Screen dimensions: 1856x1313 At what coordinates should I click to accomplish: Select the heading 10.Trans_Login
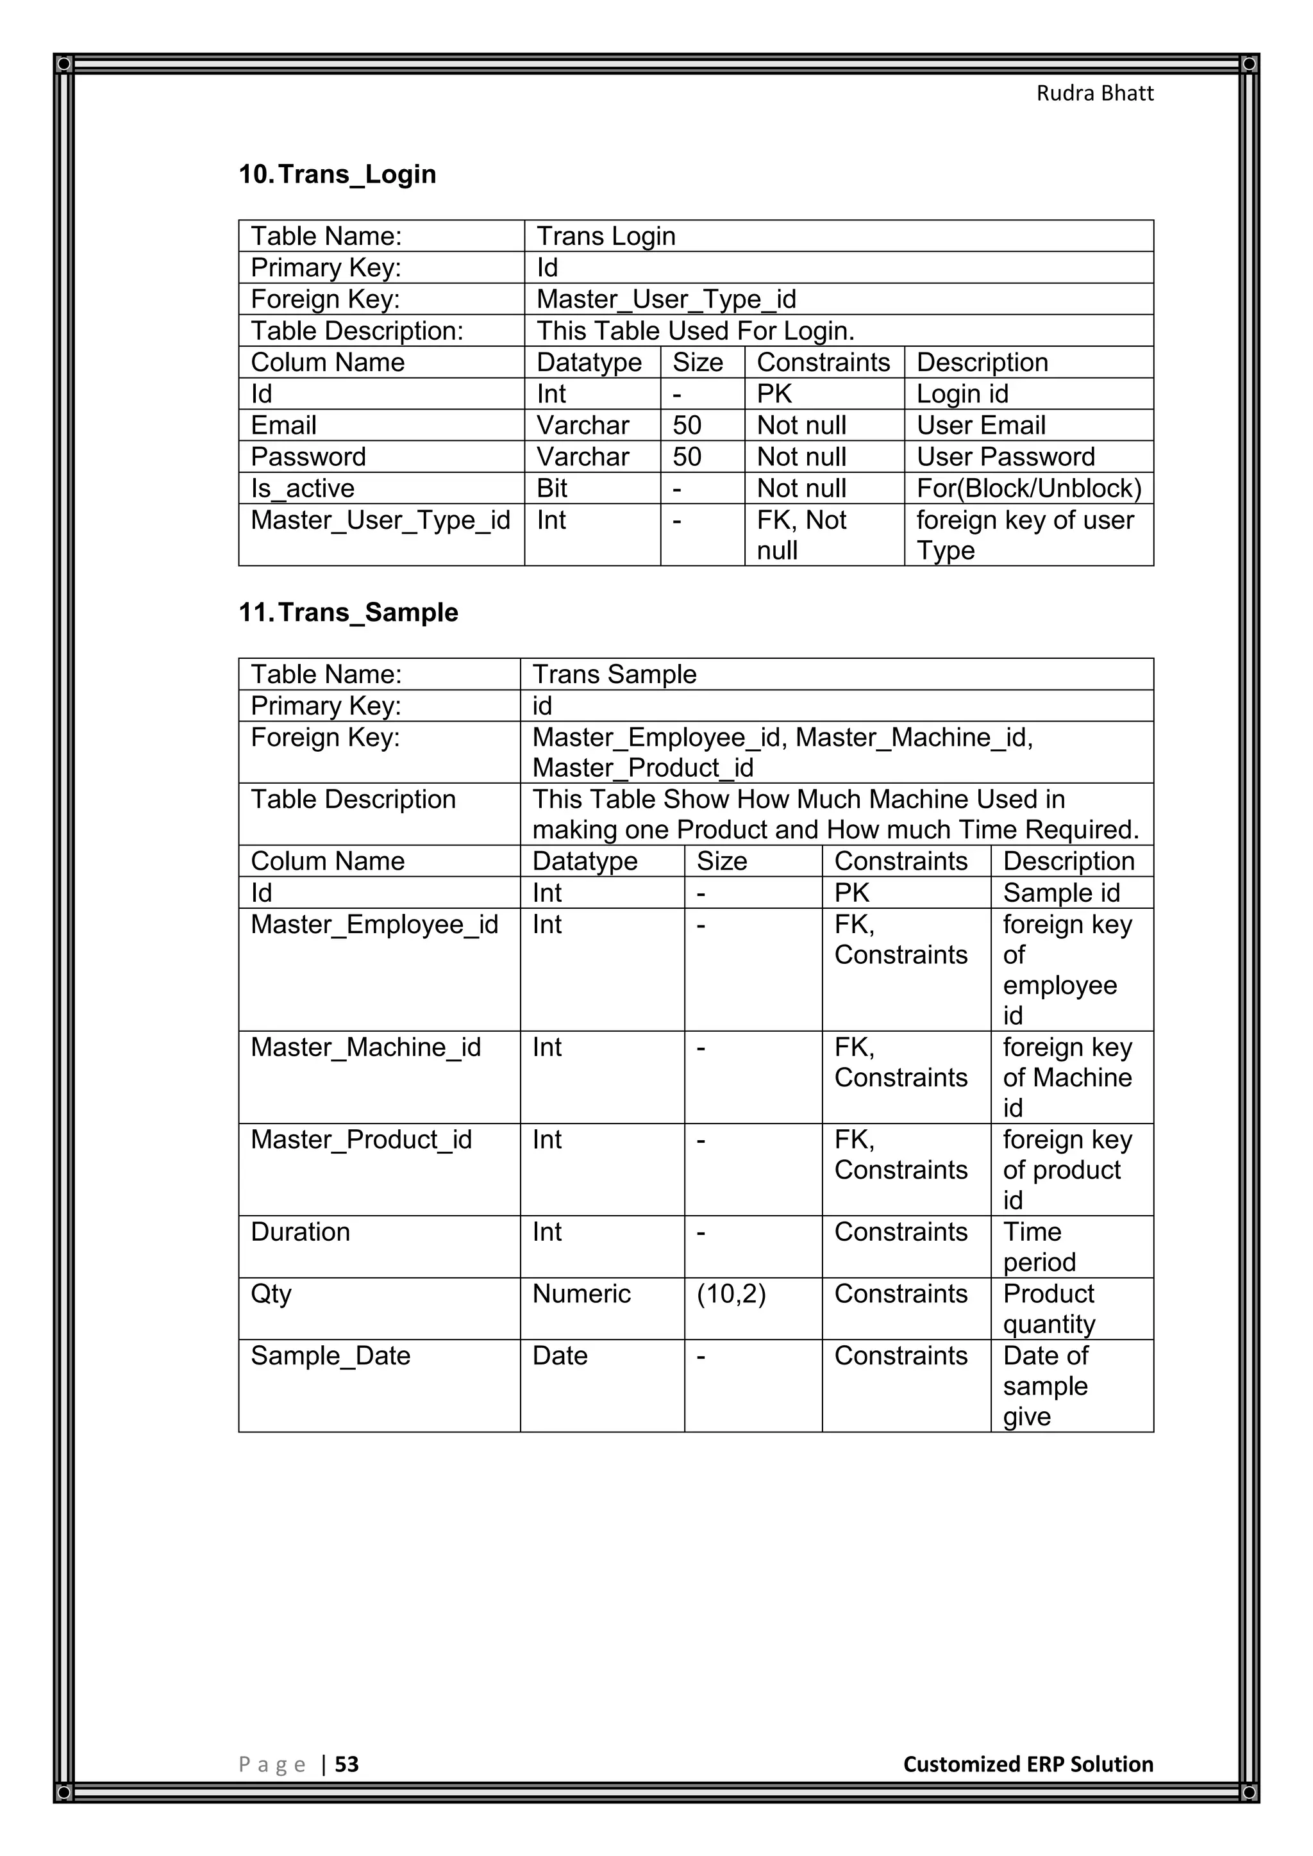[337, 174]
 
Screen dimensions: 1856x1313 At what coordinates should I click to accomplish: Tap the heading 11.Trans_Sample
[349, 612]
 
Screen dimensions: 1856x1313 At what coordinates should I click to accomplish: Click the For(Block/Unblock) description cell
[1028, 488]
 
